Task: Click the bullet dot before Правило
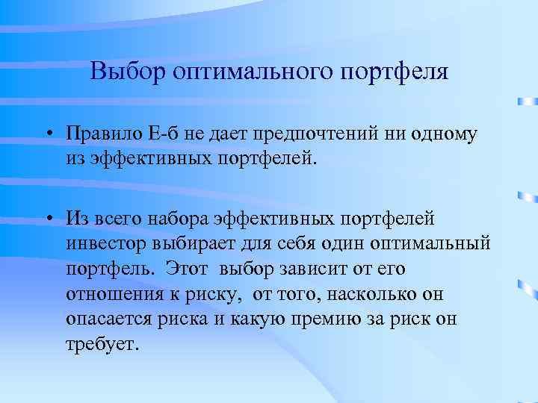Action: (x=47, y=135)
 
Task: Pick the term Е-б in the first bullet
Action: (x=166, y=134)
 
